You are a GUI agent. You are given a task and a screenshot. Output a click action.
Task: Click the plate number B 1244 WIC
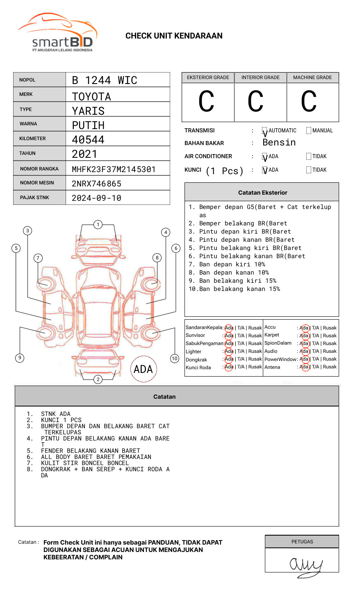104,80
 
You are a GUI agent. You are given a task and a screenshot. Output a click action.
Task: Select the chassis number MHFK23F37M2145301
114,169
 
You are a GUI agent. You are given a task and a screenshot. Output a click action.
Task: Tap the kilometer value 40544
88,140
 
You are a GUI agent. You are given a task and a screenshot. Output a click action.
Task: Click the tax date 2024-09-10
96,198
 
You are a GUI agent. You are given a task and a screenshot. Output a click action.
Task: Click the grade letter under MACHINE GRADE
309,102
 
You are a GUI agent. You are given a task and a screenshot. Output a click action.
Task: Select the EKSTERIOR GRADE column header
208,77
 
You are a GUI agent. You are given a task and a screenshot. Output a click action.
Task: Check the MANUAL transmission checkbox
309,131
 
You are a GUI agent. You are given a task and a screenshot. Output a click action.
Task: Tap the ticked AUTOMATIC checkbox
265,131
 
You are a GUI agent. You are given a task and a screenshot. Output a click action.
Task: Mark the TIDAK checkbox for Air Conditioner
309,157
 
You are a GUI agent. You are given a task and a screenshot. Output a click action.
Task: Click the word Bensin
279,143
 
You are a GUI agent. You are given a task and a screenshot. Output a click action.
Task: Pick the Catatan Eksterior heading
262,193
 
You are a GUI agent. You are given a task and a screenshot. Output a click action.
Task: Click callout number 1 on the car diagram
98,225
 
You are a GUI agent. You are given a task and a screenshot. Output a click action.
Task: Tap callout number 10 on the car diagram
175,359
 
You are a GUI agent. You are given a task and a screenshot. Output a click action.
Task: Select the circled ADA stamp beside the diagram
143,369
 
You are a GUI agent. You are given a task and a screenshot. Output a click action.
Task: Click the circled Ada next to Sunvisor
229,336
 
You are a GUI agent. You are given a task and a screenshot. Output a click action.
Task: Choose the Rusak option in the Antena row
330,367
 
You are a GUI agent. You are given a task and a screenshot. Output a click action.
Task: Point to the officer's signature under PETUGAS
305,566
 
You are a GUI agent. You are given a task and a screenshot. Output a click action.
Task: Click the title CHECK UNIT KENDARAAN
174,36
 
